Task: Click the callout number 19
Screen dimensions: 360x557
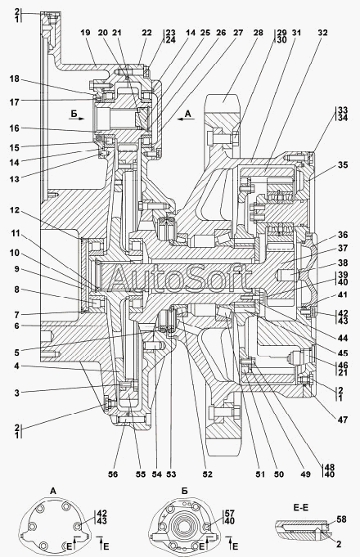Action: [x=85, y=33]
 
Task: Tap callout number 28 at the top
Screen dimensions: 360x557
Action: [x=259, y=33]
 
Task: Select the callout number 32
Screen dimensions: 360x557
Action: [x=322, y=33]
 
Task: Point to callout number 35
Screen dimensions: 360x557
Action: [x=343, y=165]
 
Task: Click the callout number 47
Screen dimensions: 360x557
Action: [x=343, y=420]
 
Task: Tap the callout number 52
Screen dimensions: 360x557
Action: [x=207, y=474]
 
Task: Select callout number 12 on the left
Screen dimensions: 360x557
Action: [x=15, y=210]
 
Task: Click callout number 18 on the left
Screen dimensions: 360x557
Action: [x=15, y=79]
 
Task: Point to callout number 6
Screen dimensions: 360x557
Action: [x=16, y=326]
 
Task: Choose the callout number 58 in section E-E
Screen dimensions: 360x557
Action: [x=341, y=519]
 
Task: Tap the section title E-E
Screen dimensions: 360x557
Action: [x=301, y=508]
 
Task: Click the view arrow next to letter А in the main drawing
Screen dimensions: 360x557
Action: [x=186, y=119]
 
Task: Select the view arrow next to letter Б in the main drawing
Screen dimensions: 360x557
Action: [x=76, y=119]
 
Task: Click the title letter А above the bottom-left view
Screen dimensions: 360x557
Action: [x=53, y=492]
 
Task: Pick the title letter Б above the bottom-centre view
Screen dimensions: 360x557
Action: [x=184, y=492]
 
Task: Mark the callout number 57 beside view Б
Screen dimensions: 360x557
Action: [x=230, y=513]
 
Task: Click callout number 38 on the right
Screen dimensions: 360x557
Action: [x=343, y=263]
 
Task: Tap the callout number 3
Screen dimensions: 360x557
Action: [x=16, y=393]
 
